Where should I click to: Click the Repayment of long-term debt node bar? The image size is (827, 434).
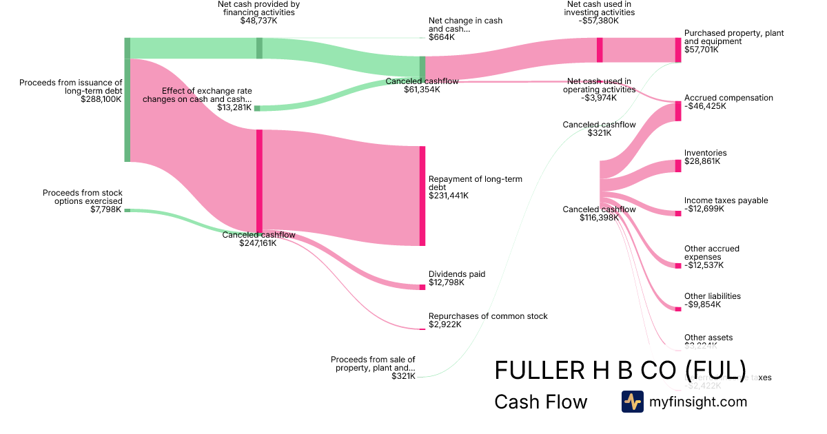pyautogui.click(x=422, y=196)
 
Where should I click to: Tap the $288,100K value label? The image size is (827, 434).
pyautogui.click(x=101, y=99)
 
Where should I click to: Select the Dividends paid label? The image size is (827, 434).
pyautogui.click(x=457, y=274)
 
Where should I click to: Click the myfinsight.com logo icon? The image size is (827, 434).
pyautogui.click(x=632, y=402)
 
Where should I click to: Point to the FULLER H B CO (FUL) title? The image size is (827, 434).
pyautogui.click(x=620, y=371)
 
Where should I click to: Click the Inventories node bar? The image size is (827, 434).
pyautogui.click(x=678, y=166)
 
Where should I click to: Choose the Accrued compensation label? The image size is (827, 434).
pyautogui.click(x=728, y=98)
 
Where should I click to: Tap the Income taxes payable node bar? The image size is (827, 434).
pyautogui.click(x=678, y=213)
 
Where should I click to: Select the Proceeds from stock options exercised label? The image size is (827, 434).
pyautogui.click(x=83, y=197)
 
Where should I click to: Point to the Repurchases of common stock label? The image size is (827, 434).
pyautogui.click(x=488, y=316)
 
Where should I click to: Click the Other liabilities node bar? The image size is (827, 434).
pyautogui.click(x=678, y=308)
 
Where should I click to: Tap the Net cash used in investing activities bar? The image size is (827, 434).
pyautogui.click(x=600, y=50)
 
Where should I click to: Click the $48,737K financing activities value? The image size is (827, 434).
pyautogui.click(x=258, y=21)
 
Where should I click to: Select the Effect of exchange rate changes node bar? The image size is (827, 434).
pyautogui.click(x=257, y=108)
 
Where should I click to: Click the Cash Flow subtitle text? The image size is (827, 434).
pyautogui.click(x=540, y=402)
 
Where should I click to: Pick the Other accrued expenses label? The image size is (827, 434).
pyautogui.click(x=713, y=253)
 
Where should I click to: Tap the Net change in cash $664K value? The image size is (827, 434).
pyautogui.click(x=442, y=37)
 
